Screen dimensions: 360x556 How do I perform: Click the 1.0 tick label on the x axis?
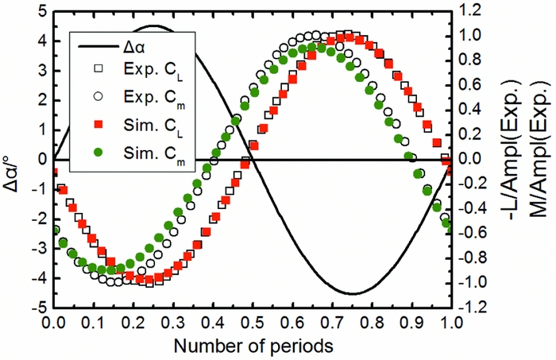pos(450,323)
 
